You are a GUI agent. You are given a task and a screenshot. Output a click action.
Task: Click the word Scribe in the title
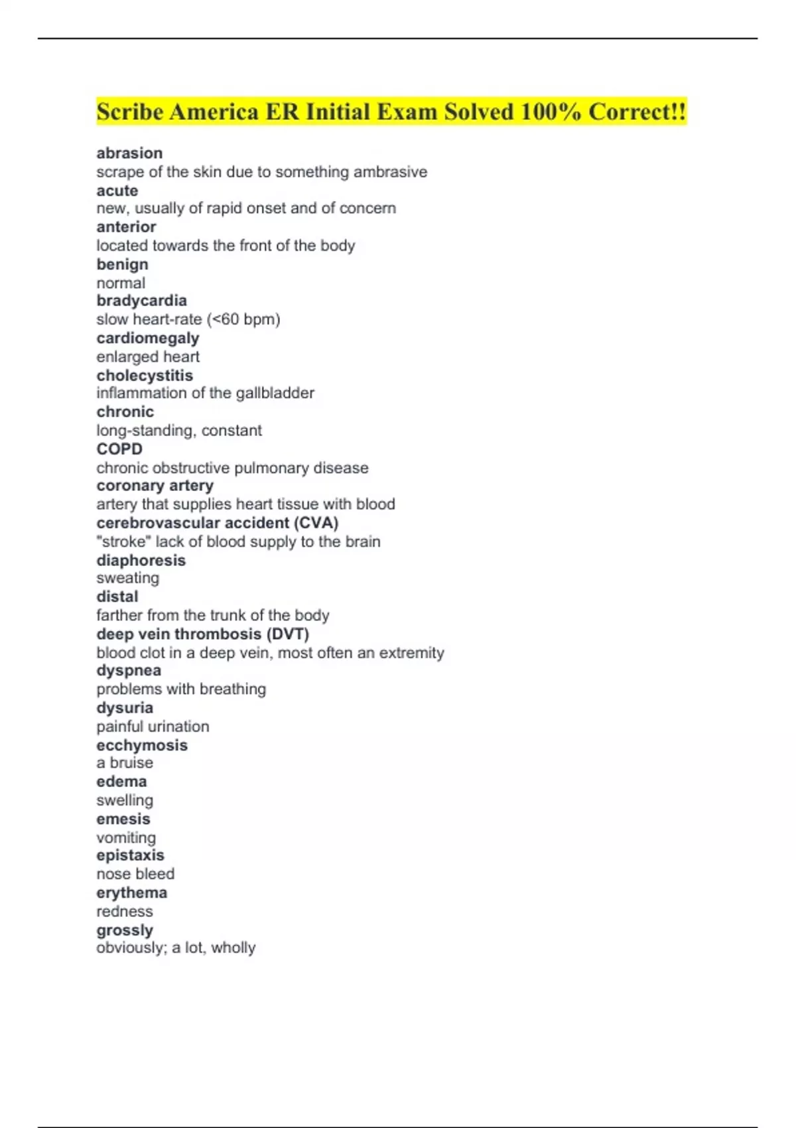(129, 111)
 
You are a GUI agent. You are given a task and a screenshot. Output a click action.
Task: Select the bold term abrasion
(129, 153)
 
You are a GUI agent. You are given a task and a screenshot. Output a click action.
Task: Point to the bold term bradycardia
(141, 301)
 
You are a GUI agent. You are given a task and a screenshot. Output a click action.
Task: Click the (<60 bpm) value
(243, 319)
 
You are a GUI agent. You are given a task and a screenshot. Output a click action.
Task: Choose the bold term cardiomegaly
(147, 338)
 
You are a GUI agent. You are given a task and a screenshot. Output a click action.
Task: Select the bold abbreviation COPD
(119, 449)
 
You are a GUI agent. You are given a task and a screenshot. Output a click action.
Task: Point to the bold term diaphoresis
(141, 561)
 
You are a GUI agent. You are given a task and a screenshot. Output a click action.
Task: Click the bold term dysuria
(125, 708)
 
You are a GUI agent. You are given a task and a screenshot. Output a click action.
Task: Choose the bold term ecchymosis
(142, 745)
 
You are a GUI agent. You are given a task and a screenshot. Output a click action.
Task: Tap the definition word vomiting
(126, 837)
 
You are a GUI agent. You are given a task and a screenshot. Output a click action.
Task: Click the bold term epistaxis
(130, 855)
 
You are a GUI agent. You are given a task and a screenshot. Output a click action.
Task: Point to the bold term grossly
(125, 930)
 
